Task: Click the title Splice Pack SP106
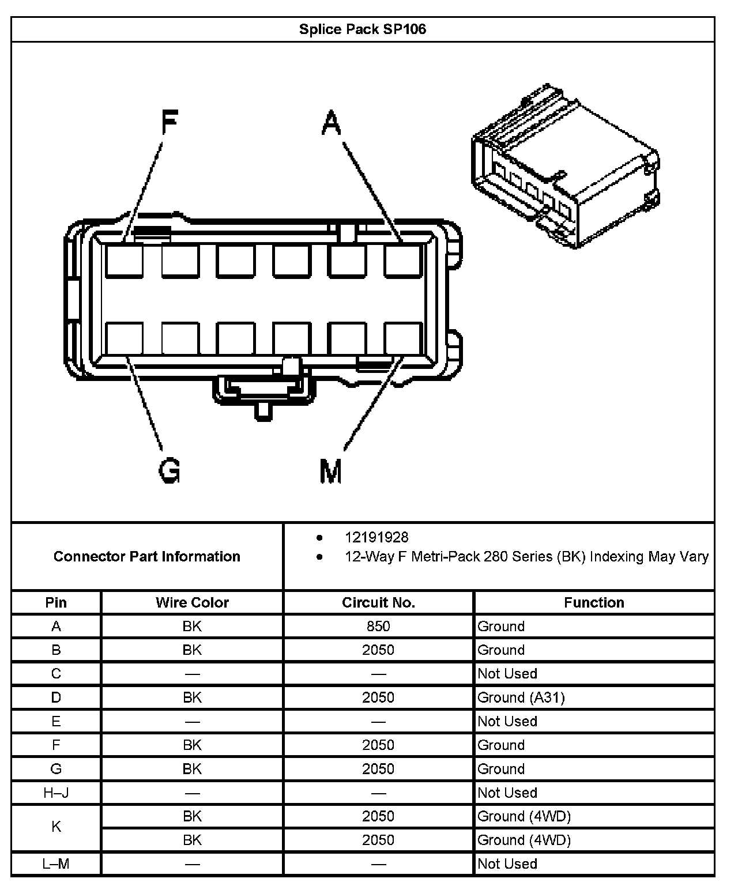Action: pyautogui.click(x=362, y=29)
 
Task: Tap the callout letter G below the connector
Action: pyautogui.click(x=170, y=470)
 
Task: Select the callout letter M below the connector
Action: pyautogui.click(x=331, y=470)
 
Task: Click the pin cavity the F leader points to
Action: pyautogui.click(x=124, y=261)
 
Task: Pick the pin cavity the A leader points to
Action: pyautogui.click(x=404, y=261)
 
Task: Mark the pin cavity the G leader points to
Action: pyautogui.click(x=124, y=338)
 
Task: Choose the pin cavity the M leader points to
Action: pyautogui.click(x=404, y=338)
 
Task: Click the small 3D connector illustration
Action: pyautogui.click(x=565, y=167)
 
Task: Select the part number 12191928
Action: pyautogui.click(x=376, y=537)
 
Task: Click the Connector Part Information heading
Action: pyautogui.click(x=147, y=556)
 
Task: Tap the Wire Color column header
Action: pyautogui.click(x=192, y=602)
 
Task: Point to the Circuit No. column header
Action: pyautogui.click(x=378, y=602)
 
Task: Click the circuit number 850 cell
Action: pyautogui.click(x=378, y=626)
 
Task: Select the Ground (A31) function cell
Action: pyautogui.click(x=521, y=697)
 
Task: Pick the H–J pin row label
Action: pyautogui.click(x=56, y=793)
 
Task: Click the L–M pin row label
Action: pyautogui.click(x=56, y=863)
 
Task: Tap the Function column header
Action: pyautogui.click(x=594, y=602)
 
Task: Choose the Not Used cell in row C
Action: pyautogui.click(x=507, y=673)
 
